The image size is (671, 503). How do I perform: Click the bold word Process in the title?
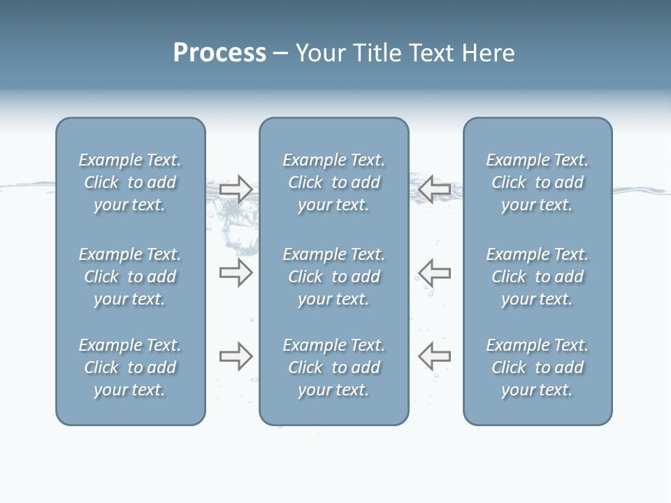(x=219, y=53)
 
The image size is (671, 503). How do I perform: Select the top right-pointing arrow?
(x=236, y=189)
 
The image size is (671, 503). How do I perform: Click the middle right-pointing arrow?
(x=236, y=272)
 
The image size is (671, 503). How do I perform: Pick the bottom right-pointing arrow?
(x=236, y=356)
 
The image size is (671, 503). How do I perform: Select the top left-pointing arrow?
(x=435, y=189)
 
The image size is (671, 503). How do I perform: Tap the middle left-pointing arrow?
(x=435, y=272)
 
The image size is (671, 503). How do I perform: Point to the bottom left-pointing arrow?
(x=435, y=356)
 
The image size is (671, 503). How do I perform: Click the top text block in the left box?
(x=130, y=182)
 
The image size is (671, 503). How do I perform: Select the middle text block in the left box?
(x=130, y=277)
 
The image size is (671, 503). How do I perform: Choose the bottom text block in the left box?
(x=130, y=367)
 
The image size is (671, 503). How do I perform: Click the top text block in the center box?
(x=334, y=182)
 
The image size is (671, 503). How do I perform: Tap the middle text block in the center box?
(x=334, y=277)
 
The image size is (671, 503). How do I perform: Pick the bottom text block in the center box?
(x=334, y=367)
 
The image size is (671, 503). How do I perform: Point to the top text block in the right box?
(x=537, y=182)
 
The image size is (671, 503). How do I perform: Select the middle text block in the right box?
(x=537, y=277)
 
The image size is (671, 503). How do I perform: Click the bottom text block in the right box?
(x=537, y=367)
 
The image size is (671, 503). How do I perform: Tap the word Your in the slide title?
(x=319, y=53)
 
